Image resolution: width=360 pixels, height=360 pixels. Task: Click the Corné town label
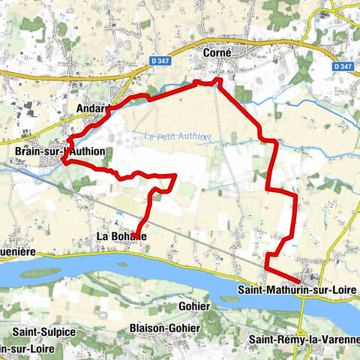tap(217, 53)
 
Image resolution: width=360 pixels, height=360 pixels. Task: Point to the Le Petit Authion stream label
tap(176, 136)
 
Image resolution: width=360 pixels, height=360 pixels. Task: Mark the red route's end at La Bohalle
tap(137, 235)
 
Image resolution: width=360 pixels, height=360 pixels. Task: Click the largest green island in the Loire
tap(45, 273)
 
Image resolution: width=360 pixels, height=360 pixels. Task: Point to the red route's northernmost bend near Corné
tap(217, 79)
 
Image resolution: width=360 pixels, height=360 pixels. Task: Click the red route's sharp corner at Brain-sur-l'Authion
tap(63, 160)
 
